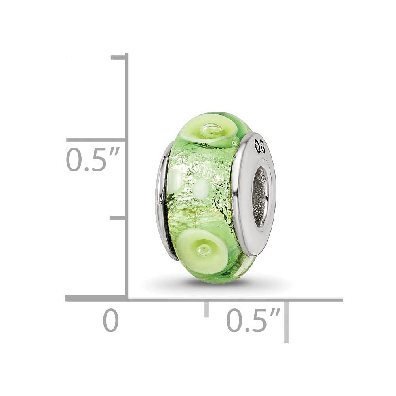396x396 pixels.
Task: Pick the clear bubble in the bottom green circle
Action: click(204, 249)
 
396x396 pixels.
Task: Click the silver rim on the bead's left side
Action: click(162, 202)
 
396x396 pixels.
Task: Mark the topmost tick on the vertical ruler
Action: click(119, 58)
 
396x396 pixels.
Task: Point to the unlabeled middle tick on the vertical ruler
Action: click(118, 218)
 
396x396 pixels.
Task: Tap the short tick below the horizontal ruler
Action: click(206, 309)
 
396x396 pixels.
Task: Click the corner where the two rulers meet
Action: click(127, 298)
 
